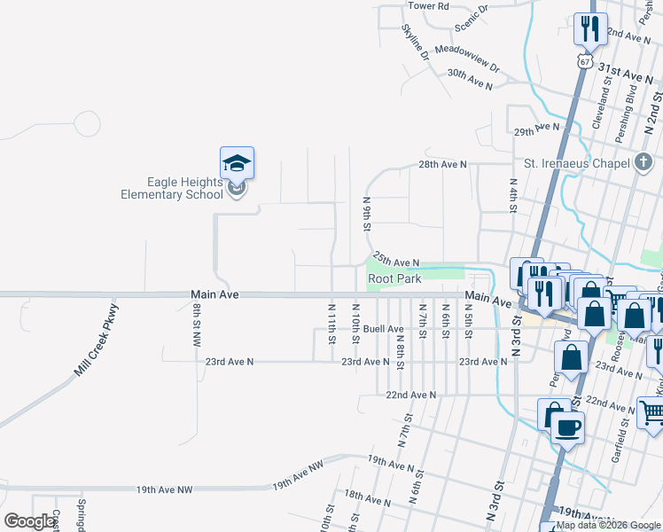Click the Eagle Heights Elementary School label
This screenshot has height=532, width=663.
(172, 188)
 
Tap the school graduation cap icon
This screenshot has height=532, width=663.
(237, 163)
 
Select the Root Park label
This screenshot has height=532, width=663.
(395, 278)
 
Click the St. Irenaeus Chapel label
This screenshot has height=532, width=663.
(575, 163)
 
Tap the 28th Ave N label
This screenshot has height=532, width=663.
(442, 165)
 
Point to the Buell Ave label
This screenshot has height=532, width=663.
(384, 328)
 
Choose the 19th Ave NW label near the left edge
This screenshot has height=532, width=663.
(164, 489)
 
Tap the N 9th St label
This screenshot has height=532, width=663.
(366, 214)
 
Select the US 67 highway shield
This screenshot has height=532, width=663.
(582, 61)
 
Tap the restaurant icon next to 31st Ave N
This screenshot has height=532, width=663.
(589, 28)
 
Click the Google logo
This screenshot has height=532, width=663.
(29, 521)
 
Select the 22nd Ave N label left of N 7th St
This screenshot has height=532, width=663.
(411, 395)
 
